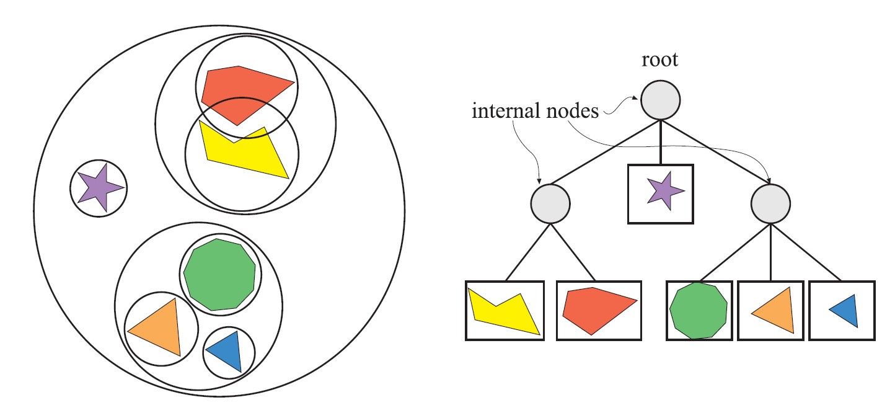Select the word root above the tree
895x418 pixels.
[660, 60]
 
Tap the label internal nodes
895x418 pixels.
[535, 112]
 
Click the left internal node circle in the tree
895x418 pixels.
[550, 203]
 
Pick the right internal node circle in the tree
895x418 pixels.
[770, 203]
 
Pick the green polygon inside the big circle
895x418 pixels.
[220, 273]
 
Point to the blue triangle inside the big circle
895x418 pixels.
[227, 350]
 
